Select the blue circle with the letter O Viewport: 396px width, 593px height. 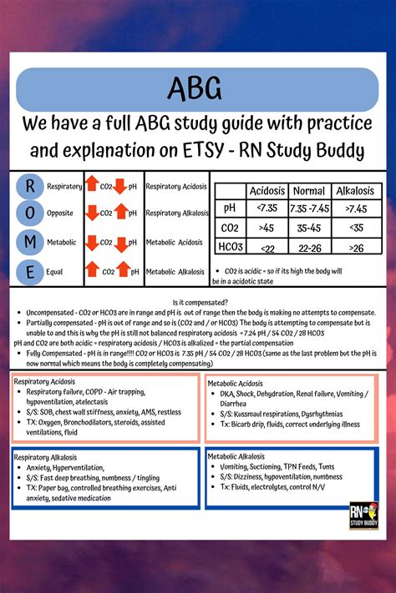(30, 214)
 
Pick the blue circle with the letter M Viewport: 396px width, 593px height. (30, 242)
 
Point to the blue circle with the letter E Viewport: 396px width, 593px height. (30, 271)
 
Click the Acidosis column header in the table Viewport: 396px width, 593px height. (267, 190)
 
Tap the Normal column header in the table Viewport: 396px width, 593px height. (310, 190)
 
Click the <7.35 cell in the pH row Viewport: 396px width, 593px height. (267, 207)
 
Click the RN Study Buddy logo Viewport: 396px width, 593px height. (364, 515)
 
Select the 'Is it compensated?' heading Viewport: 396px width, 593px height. (197, 304)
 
